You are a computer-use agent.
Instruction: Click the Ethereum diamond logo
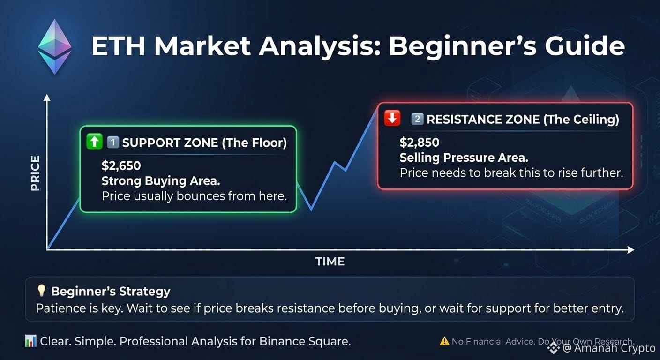55,46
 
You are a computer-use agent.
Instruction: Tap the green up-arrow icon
94,142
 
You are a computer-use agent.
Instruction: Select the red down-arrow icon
392,118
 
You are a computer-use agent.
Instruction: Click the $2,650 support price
121,165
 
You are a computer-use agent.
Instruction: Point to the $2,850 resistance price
419,142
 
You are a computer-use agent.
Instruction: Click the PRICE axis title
35,173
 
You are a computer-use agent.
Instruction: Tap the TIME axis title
330,261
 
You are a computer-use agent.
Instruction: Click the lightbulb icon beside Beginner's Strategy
42,291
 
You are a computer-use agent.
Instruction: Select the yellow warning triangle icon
444,341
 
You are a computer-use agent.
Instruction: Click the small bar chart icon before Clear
30,341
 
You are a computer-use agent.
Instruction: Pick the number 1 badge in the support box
112,142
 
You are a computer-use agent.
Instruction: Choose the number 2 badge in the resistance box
417,119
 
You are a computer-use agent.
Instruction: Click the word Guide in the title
585,46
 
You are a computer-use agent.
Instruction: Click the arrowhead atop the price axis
47,98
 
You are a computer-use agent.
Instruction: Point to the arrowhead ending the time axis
631,250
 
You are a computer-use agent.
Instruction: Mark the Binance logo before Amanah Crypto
553,348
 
